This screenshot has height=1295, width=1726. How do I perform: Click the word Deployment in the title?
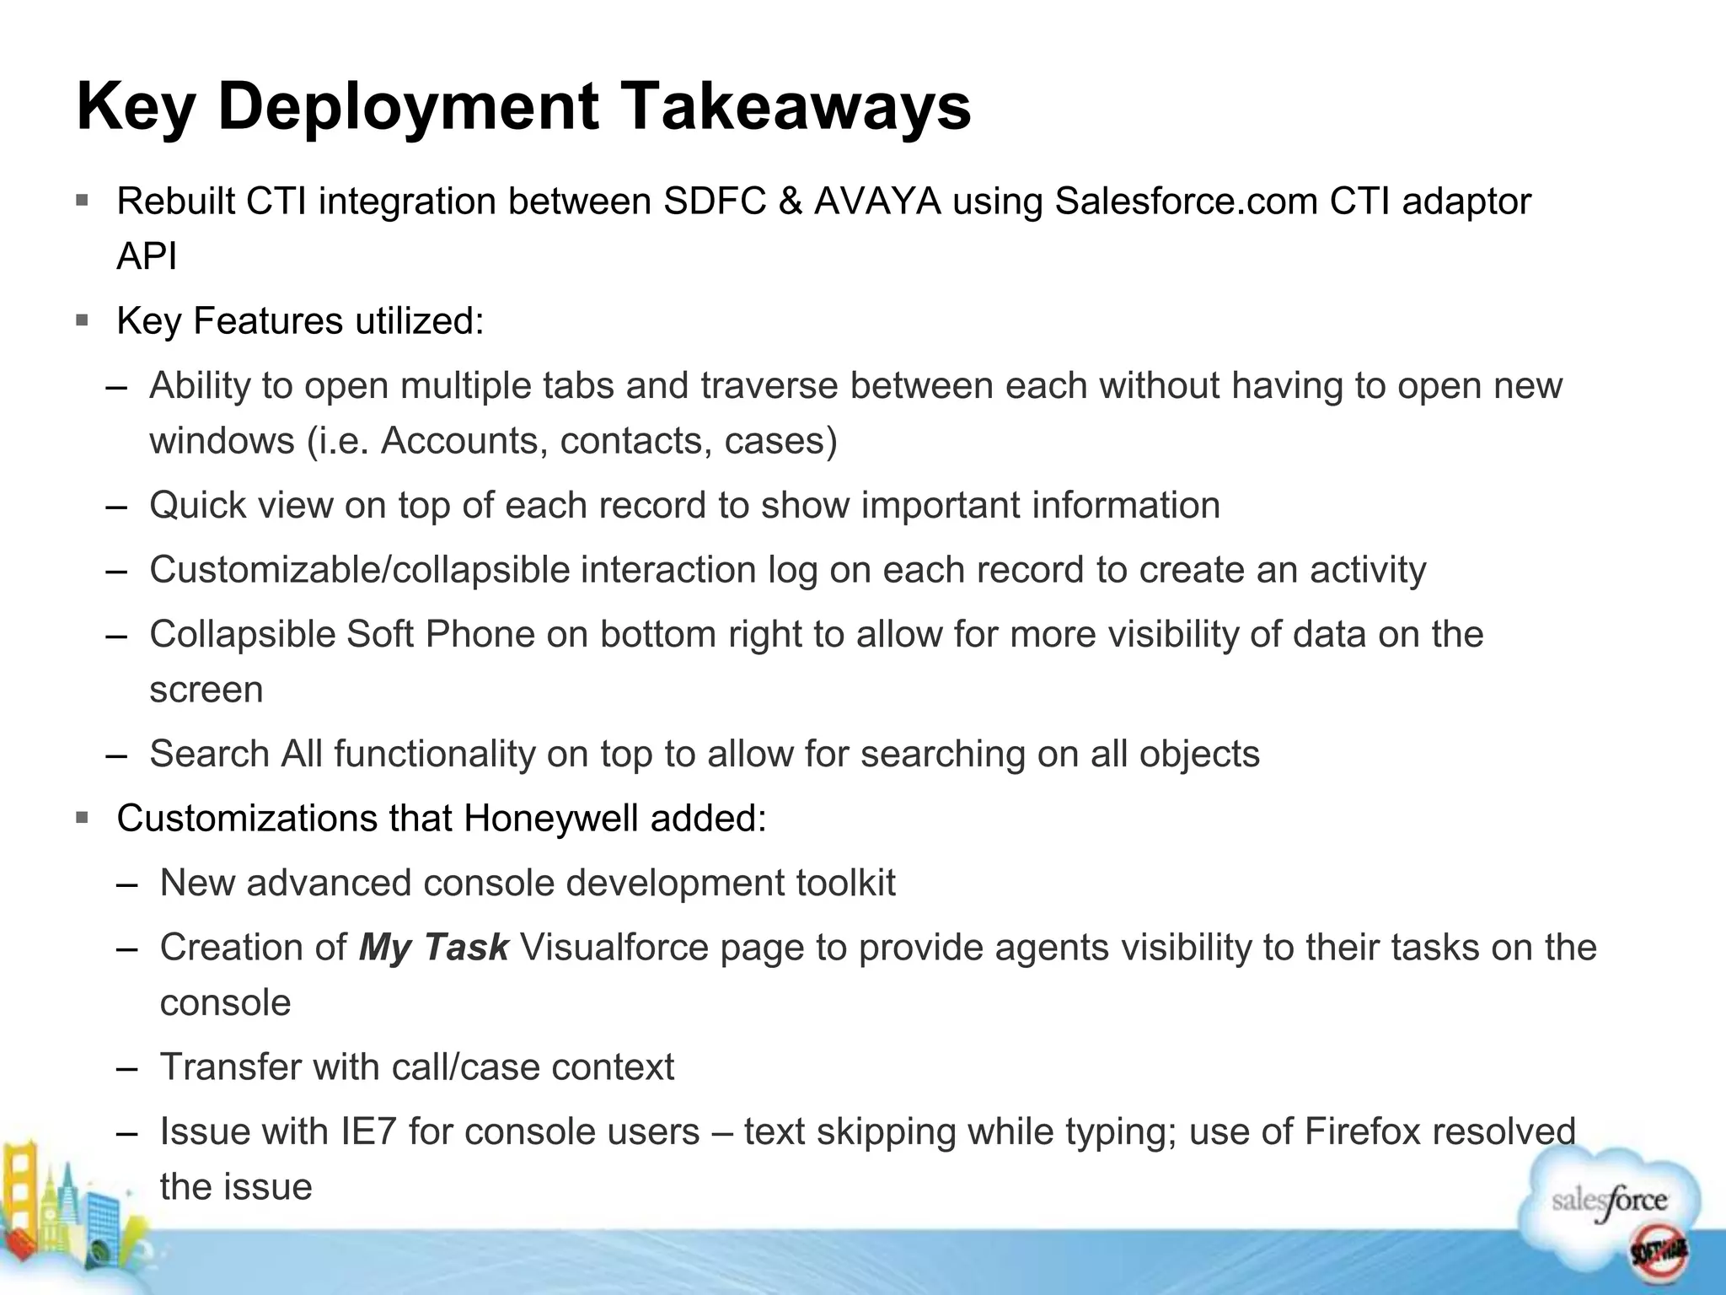point(409,107)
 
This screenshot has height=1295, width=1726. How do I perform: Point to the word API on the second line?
point(147,256)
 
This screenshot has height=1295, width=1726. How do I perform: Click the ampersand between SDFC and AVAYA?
point(790,202)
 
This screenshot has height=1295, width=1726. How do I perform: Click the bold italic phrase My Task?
point(433,947)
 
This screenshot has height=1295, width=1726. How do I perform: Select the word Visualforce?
point(614,947)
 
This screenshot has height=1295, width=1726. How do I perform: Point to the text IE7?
point(368,1131)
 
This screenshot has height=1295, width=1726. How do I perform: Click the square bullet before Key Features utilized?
point(82,320)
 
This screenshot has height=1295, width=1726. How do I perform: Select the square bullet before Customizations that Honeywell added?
point(82,818)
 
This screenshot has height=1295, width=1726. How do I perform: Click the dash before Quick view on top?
point(116,507)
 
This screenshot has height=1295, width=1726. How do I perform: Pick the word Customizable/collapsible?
point(360,570)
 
